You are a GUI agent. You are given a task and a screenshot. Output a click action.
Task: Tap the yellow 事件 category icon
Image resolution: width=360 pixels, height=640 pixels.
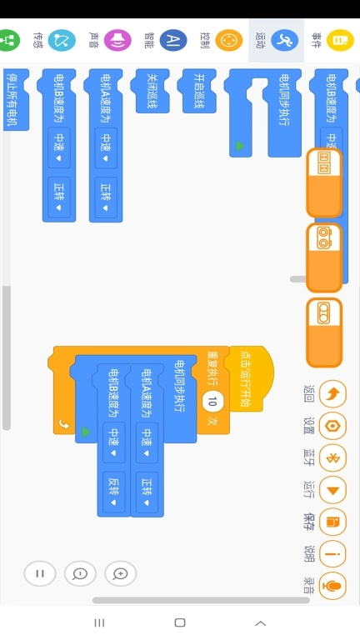point(340,40)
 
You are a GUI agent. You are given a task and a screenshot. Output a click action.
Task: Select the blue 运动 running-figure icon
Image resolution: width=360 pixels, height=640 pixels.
point(284,40)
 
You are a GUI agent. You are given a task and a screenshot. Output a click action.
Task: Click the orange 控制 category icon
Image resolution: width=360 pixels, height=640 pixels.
point(229,40)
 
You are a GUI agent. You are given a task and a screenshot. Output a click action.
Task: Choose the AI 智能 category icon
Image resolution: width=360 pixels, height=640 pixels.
point(173,40)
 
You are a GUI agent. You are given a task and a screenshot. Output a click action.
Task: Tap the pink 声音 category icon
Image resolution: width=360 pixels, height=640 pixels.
point(117,40)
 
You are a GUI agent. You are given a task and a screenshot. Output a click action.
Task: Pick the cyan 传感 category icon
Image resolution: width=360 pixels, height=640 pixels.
point(62,40)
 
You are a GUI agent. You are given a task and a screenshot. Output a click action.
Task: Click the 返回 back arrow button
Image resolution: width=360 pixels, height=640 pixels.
point(332,394)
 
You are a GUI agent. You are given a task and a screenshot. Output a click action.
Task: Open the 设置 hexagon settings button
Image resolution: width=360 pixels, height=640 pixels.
point(332,426)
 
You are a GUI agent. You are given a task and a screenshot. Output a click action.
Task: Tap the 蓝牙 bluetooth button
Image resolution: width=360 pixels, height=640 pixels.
point(332,458)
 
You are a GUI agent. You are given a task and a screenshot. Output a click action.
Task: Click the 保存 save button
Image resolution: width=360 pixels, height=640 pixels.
point(332,522)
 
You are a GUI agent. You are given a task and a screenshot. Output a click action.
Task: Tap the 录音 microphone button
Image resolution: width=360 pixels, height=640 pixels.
point(332,586)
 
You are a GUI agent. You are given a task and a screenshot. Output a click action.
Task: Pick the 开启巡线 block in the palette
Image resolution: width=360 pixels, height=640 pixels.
point(199,91)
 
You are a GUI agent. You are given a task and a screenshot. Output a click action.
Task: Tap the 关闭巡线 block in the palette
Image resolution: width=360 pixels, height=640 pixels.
point(152,91)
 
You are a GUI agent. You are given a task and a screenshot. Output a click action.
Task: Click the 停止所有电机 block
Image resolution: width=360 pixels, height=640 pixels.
point(17,100)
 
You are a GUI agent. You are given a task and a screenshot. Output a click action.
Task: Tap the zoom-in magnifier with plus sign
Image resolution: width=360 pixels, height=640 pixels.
point(120,573)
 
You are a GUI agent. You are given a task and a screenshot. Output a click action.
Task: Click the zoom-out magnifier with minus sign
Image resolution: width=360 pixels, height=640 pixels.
point(80,573)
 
